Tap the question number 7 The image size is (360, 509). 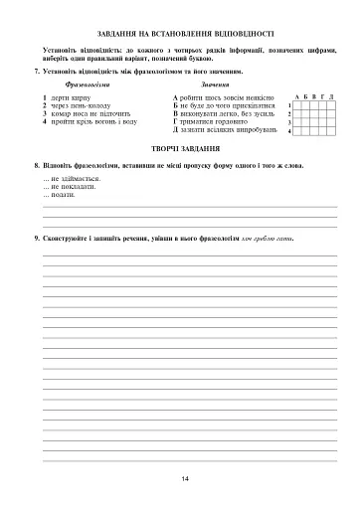[x=36, y=73]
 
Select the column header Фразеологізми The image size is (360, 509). [x=85, y=86]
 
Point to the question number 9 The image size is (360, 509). [x=36, y=240]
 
